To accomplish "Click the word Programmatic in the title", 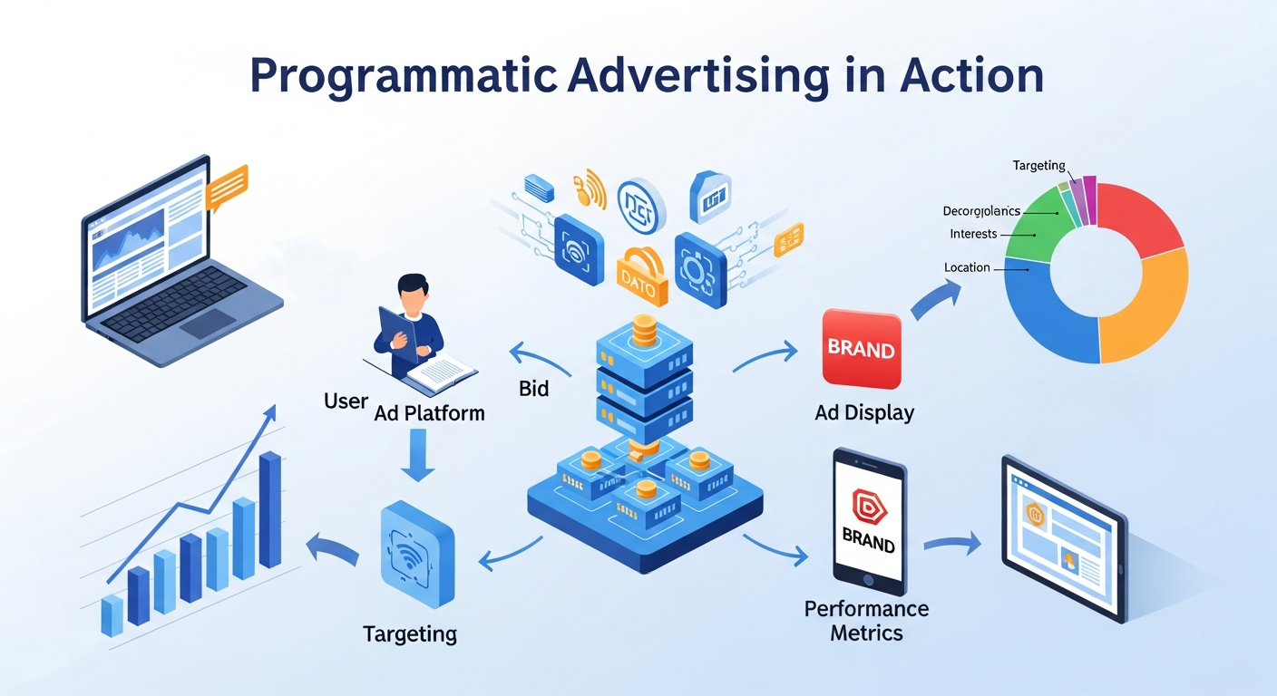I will pos(403,76).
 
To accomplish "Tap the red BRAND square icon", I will pos(861,349).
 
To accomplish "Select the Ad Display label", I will pos(863,413).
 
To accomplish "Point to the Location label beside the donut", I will pos(967,268).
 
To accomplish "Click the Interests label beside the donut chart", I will pos(973,234).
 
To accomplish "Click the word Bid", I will pos(534,389).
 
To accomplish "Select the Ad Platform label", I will pos(429,413).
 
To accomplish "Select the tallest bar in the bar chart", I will pos(270,509).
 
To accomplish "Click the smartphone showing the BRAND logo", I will pos(869,516).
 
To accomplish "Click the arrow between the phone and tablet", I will pos(952,544).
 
